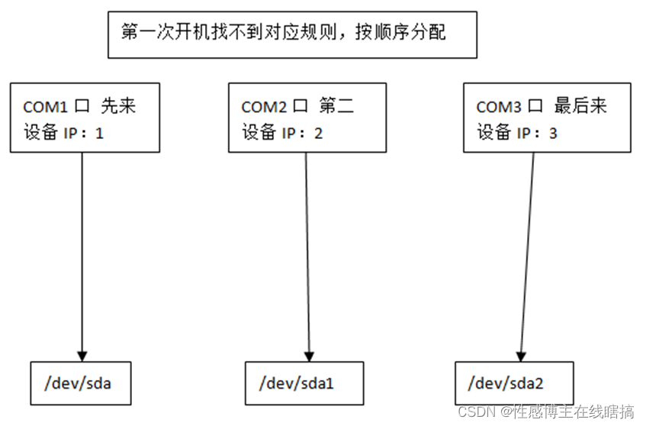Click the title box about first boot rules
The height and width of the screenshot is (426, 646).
coord(292,34)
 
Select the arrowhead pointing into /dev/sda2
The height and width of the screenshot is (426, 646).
coord(521,353)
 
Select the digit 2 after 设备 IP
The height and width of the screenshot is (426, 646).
coord(318,133)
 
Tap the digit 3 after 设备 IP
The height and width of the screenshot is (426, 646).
coord(553,133)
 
